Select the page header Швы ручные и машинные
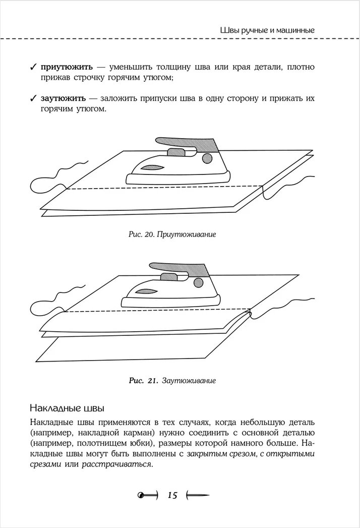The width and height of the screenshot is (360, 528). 268,30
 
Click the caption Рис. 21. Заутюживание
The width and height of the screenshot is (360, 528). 172,381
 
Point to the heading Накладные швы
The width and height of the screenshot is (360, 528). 67,406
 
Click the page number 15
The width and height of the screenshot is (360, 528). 172,496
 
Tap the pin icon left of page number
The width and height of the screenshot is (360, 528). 147,496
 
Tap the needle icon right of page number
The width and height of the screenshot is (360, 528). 198,496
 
